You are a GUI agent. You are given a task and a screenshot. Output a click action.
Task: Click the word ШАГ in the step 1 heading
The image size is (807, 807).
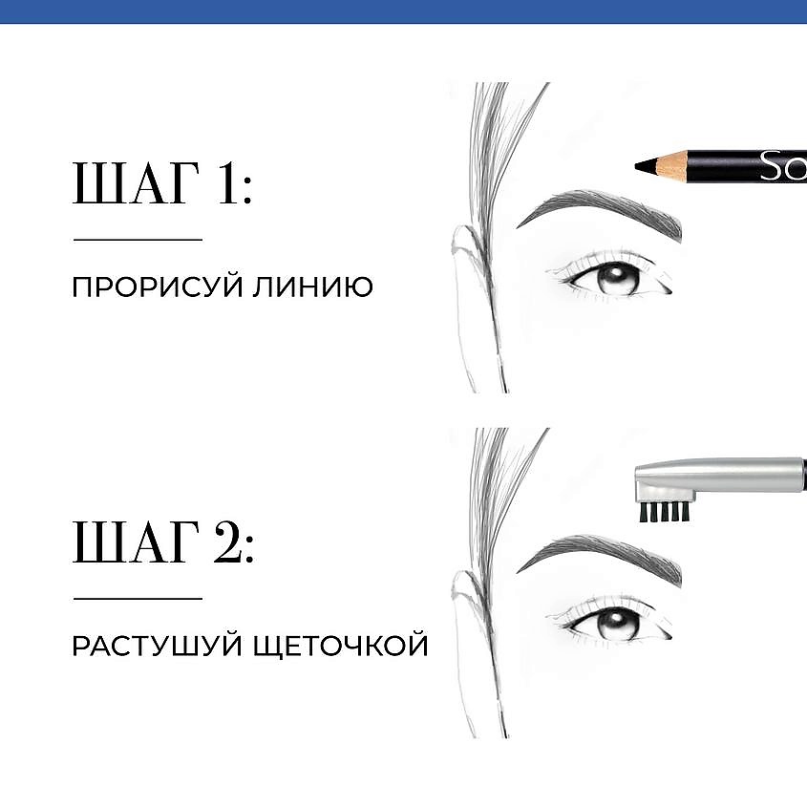(136, 183)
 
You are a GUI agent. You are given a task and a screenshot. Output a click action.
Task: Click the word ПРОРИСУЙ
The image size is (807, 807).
(157, 287)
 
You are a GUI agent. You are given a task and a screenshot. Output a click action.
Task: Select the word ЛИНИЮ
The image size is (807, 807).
(312, 287)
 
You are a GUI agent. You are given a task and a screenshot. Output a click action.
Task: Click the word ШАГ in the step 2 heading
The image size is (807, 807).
(136, 542)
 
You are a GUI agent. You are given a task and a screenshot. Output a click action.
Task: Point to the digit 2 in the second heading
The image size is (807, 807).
(229, 542)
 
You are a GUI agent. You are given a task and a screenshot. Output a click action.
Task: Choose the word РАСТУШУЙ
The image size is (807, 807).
(157, 646)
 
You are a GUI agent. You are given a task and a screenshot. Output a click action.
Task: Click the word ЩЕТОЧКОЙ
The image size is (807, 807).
(341, 646)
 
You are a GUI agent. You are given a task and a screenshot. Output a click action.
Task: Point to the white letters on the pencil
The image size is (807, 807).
(783, 166)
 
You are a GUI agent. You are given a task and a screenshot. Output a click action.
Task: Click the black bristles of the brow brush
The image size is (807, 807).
(664, 512)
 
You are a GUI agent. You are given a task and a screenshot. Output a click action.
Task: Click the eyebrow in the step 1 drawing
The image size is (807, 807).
(600, 212)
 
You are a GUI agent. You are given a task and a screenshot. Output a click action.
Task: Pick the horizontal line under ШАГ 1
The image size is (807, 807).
(138, 240)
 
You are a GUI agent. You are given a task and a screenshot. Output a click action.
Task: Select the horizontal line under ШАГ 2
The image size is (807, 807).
(138, 599)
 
